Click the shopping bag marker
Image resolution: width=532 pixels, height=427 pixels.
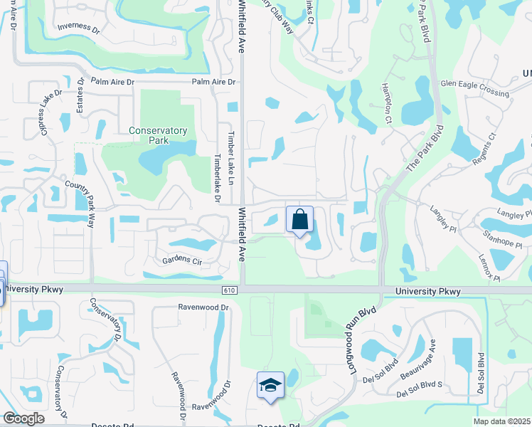click(299, 218)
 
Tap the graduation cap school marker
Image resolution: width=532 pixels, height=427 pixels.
click(270, 386)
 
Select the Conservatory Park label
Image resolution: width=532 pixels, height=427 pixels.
click(158, 135)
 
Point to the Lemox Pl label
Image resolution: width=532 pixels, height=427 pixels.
click(489, 266)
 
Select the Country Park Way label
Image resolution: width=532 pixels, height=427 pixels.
click(80, 203)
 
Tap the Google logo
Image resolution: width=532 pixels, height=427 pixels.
click(23, 418)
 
